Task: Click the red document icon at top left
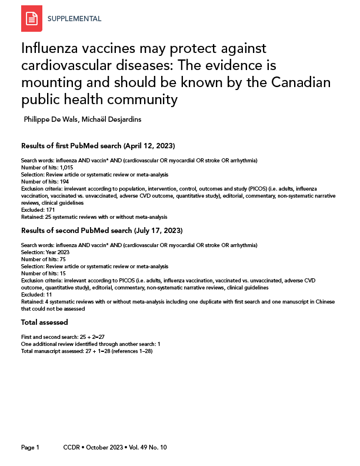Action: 32,19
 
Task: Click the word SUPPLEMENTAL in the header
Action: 74,19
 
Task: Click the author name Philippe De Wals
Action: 52,119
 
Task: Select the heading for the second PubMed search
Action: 102,230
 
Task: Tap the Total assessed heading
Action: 44,322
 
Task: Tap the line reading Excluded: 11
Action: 36,294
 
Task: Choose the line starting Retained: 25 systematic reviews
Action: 94,217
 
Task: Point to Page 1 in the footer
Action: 30,448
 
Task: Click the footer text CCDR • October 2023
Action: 94,448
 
